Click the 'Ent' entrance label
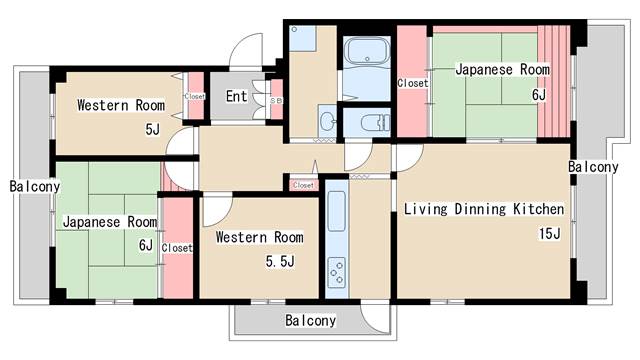coord(236,97)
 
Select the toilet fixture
coord(371,123)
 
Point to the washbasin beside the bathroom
coord(328,121)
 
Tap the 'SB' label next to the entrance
coord(276,100)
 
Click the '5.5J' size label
coord(279,262)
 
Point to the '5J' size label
coord(152,128)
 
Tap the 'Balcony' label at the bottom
coord(310,321)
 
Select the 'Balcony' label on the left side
coord(33,186)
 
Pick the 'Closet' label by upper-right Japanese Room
coord(412,83)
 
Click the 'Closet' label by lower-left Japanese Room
coord(177,248)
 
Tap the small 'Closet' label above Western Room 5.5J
coord(302,184)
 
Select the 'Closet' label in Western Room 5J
coord(194,97)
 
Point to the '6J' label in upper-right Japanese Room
coord(539,95)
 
